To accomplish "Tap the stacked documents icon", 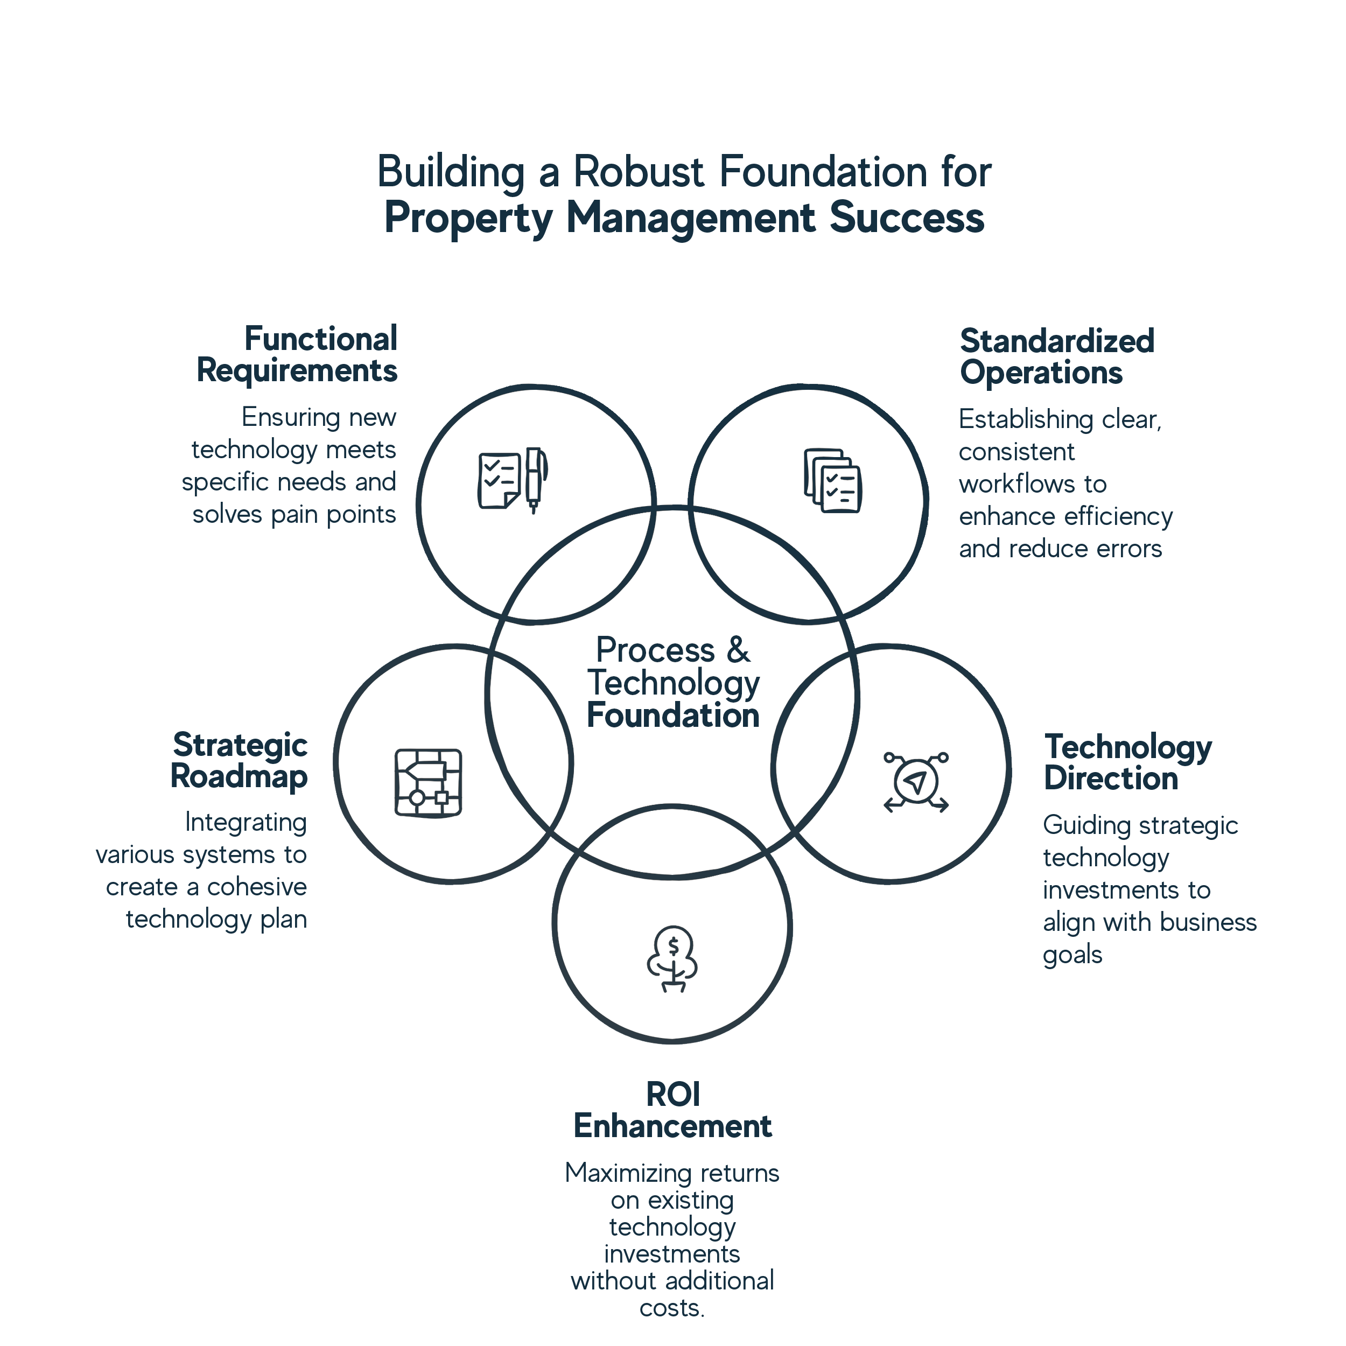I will click(x=832, y=481).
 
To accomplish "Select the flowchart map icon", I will click(x=429, y=783).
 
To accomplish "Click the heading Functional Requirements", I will click(x=298, y=355).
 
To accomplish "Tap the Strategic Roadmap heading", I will click(x=240, y=761).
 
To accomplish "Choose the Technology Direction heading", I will click(x=1127, y=762).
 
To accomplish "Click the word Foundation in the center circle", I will click(x=672, y=716).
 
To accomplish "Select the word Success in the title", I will click(x=906, y=218).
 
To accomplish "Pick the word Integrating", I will click(x=245, y=823).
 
